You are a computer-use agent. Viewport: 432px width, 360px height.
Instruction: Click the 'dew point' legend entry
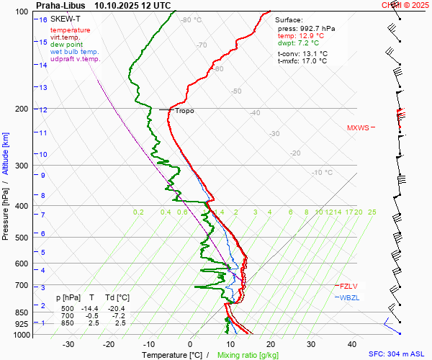tap(66, 45)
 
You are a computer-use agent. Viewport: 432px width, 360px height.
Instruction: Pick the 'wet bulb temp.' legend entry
tap(74, 52)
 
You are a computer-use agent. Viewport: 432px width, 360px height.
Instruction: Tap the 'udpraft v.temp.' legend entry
tap(75, 59)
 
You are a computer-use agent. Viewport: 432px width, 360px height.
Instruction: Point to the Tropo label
tap(184, 111)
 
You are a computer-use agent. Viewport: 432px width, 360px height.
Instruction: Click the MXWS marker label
tap(358, 128)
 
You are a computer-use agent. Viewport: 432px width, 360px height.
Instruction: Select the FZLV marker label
tap(348, 286)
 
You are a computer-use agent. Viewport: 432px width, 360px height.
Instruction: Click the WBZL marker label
tap(349, 297)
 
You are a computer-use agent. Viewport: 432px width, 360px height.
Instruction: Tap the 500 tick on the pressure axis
tap(22, 238)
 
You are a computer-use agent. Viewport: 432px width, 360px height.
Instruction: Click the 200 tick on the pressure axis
tap(22, 109)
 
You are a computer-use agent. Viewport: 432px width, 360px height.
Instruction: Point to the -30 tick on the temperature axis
tap(68, 344)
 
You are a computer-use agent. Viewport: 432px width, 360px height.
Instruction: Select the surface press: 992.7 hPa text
tap(306, 28)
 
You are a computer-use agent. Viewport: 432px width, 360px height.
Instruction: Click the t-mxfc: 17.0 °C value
tap(302, 60)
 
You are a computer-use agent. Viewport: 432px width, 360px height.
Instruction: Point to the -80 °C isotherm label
tap(192, 20)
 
